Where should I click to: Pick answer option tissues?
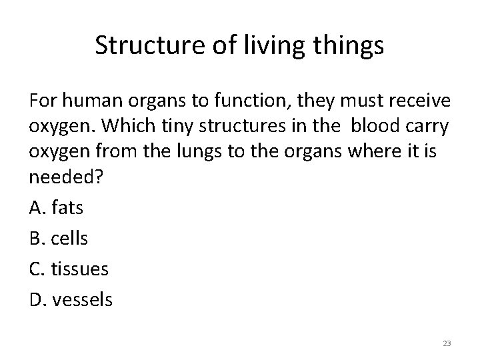[78, 269]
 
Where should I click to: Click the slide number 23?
[446, 343]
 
